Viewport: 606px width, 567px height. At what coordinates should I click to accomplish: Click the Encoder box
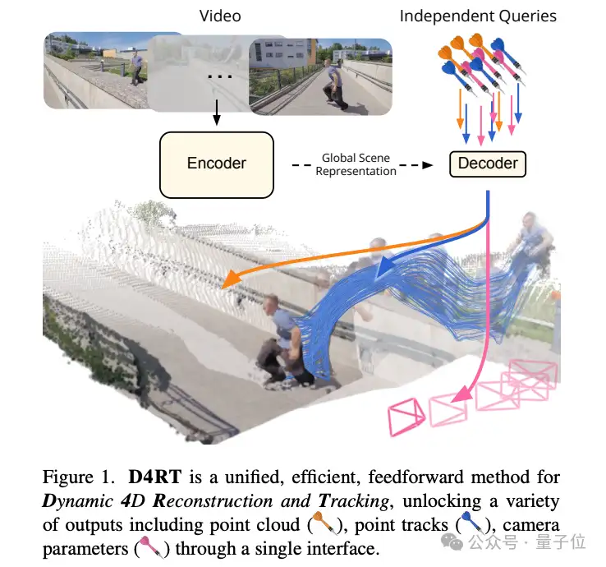(217, 165)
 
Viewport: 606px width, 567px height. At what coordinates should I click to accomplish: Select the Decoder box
(488, 164)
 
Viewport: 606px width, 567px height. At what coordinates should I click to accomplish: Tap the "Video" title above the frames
(220, 16)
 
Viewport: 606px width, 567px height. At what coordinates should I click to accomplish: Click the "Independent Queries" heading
(478, 16)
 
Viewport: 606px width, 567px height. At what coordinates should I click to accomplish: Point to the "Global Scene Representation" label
(356, 165)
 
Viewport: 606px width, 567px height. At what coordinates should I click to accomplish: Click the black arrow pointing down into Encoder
(217, 112)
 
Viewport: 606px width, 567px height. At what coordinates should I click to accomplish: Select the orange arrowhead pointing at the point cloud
(231, 279)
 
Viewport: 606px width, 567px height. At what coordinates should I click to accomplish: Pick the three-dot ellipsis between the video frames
(220, 76)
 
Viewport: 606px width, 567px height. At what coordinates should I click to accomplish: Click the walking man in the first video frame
(136, 68)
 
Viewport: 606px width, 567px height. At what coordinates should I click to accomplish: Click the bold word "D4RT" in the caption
(155, 477)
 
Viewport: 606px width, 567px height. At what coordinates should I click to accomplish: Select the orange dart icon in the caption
(324, 523)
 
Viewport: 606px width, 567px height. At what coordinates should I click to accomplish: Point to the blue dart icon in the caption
(471, 523)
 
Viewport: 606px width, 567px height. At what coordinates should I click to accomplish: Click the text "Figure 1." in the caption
(79, 477)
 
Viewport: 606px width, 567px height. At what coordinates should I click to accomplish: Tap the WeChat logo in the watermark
(452, 542)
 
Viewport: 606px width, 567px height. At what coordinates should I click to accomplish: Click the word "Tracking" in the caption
(354, 501)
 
